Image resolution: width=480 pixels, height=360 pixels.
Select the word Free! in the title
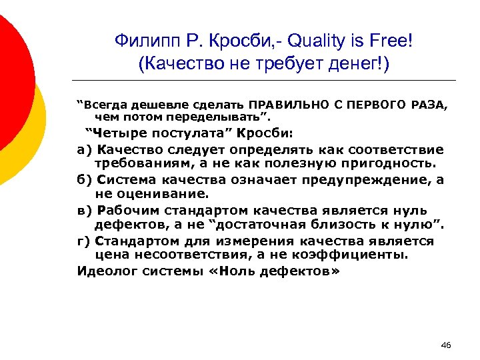click(x=393, y=41)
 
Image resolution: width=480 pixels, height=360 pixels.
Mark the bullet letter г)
click(x=85, y=241)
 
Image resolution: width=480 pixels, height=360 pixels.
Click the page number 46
click(x=446, y=345)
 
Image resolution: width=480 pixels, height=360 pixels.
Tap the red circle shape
click(x=13, y=73)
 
